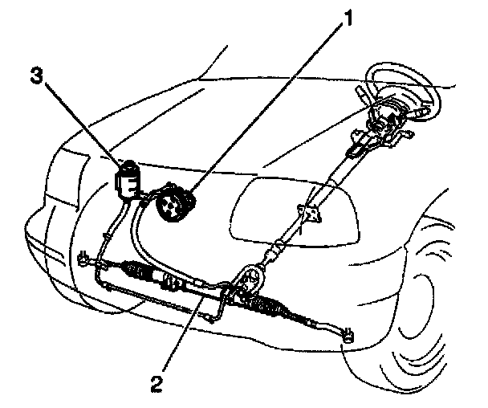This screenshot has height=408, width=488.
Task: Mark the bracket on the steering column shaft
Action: point(309,214)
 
